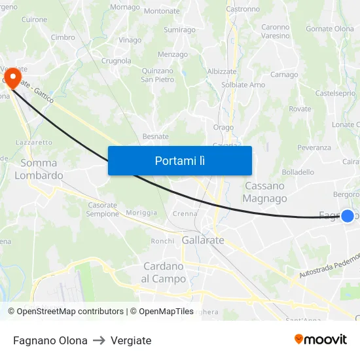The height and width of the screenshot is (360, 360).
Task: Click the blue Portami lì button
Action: click(179, 160)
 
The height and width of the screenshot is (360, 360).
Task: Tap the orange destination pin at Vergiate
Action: click(12, 79)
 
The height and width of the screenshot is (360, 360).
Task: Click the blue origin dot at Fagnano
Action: click(348, 215)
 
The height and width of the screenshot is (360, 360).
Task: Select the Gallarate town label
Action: click(203, 240)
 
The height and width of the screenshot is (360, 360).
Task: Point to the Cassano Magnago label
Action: click(264, 192)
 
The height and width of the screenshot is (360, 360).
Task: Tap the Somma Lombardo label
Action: click(39, 169)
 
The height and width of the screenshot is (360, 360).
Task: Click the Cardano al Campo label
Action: click(164, 272)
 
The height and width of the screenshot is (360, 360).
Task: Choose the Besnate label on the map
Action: click(156, 136)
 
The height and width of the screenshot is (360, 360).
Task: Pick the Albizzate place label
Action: click(221, 71)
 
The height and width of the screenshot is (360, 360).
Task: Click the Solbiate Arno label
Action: click(243, 85)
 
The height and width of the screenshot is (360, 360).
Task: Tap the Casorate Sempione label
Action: click(103, 209)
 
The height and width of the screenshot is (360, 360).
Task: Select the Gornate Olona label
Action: click(330, 29)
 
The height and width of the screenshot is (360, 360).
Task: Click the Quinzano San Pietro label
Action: click(158, 75)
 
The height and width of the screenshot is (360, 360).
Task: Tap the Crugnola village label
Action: click(116, 60)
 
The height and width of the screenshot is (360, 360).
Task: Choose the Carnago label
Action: click(284, 75)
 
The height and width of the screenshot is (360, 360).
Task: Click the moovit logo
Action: click(320, 339)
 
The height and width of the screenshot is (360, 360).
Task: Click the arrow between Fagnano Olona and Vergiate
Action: click(99, 340)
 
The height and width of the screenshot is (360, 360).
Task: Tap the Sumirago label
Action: click(179, 29)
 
